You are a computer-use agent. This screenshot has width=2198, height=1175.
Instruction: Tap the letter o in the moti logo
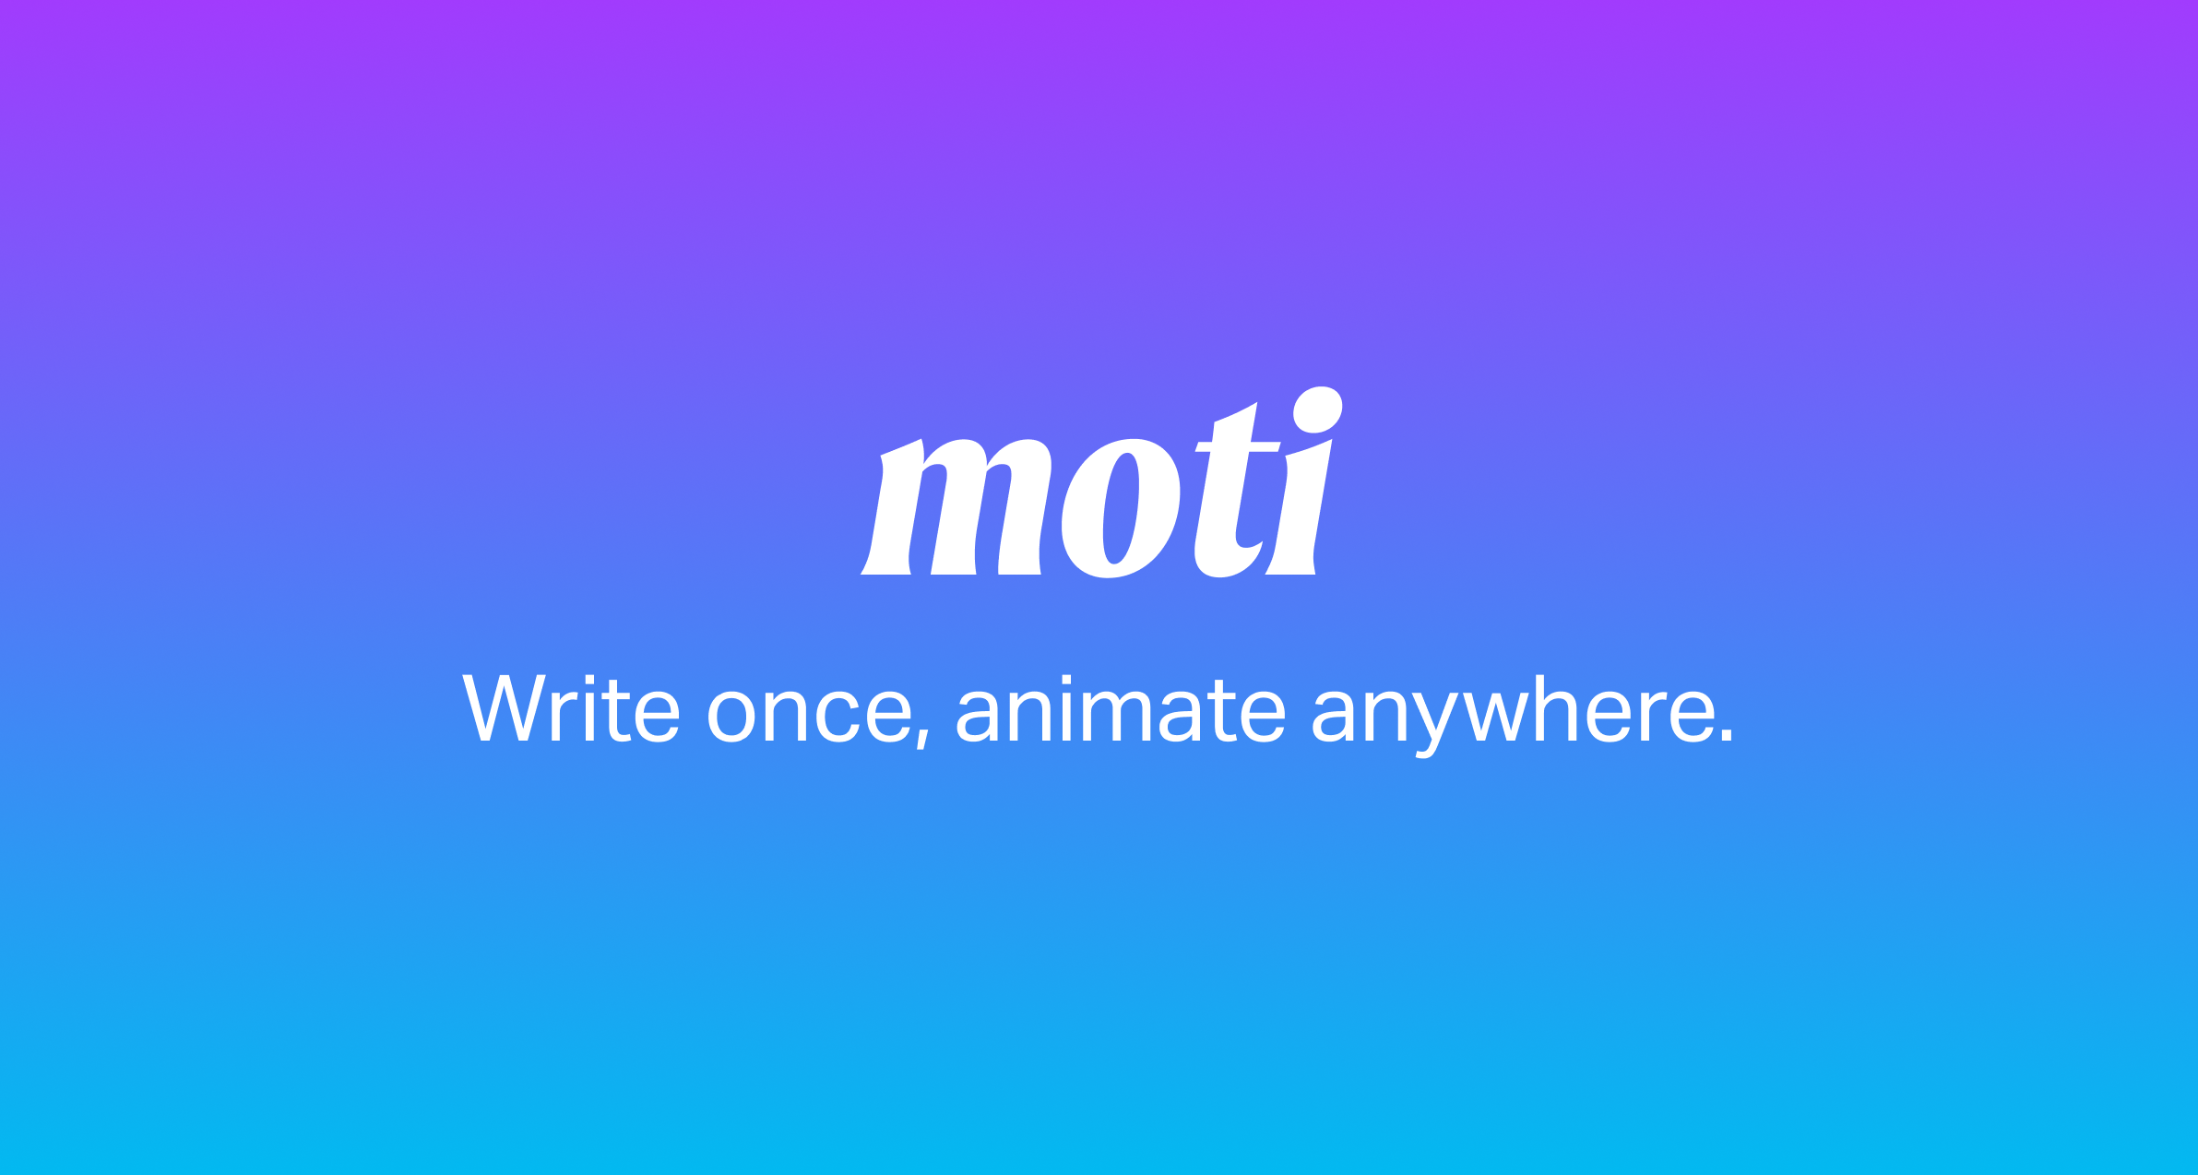click(1120, 508)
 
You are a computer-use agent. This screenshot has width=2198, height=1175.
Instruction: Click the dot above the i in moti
click(1317, 409)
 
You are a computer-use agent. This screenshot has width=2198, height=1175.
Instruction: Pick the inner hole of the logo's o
click(1121, 508)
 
